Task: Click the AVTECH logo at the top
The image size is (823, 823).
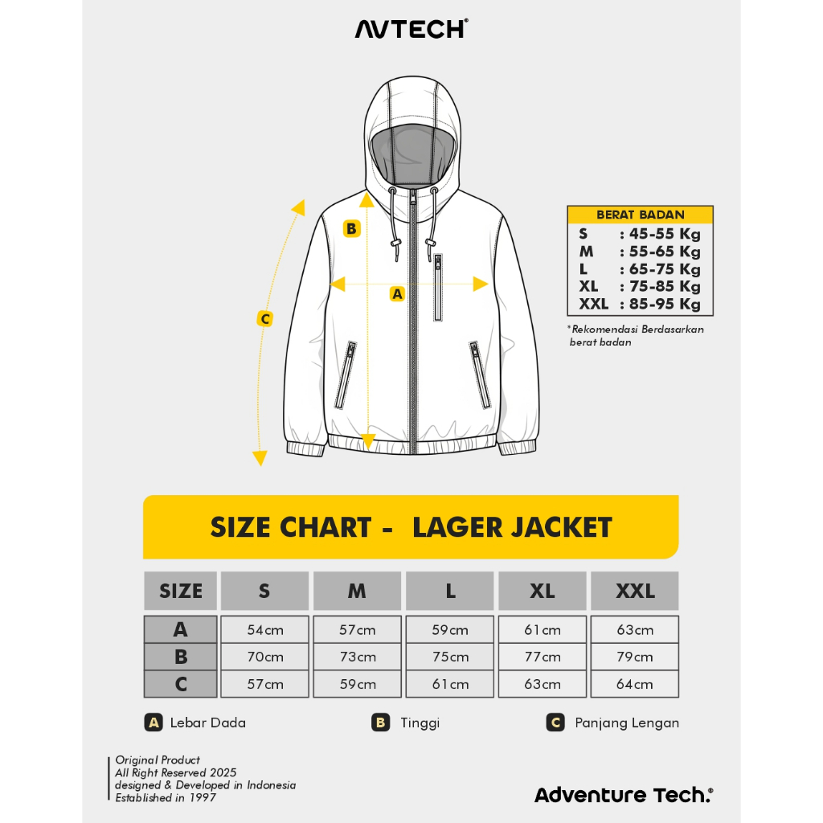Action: tap(411, 29)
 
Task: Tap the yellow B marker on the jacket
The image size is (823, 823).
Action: tap(352, 229)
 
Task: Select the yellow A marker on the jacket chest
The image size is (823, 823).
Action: tap(397, 294)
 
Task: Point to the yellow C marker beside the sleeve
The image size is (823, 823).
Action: tap(265, 318)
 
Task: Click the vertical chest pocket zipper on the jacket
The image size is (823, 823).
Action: tap(438, 287)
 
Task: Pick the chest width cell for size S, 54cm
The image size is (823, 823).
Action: tap(265, 629)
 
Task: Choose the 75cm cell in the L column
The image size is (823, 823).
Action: tap(450, 657)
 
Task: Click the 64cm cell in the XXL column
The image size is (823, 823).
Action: tap(635, 684)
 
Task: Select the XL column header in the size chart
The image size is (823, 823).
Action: tap(543, 591)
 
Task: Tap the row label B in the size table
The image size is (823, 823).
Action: tap(181, 657)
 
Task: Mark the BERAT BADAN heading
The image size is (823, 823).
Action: tap(641, 215)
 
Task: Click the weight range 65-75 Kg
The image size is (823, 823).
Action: tap(665, 269)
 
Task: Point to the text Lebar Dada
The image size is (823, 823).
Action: tap(208, 723)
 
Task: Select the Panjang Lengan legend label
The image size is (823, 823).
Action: tap(627, 723)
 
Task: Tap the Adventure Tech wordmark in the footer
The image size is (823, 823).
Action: tap(624, 795)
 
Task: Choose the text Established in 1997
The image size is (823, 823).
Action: tap(166, 798)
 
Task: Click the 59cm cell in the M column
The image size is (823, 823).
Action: tap(358, 684)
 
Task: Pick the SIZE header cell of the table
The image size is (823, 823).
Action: tap(181, 591)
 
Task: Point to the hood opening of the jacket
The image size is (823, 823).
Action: tap(412, 155)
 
